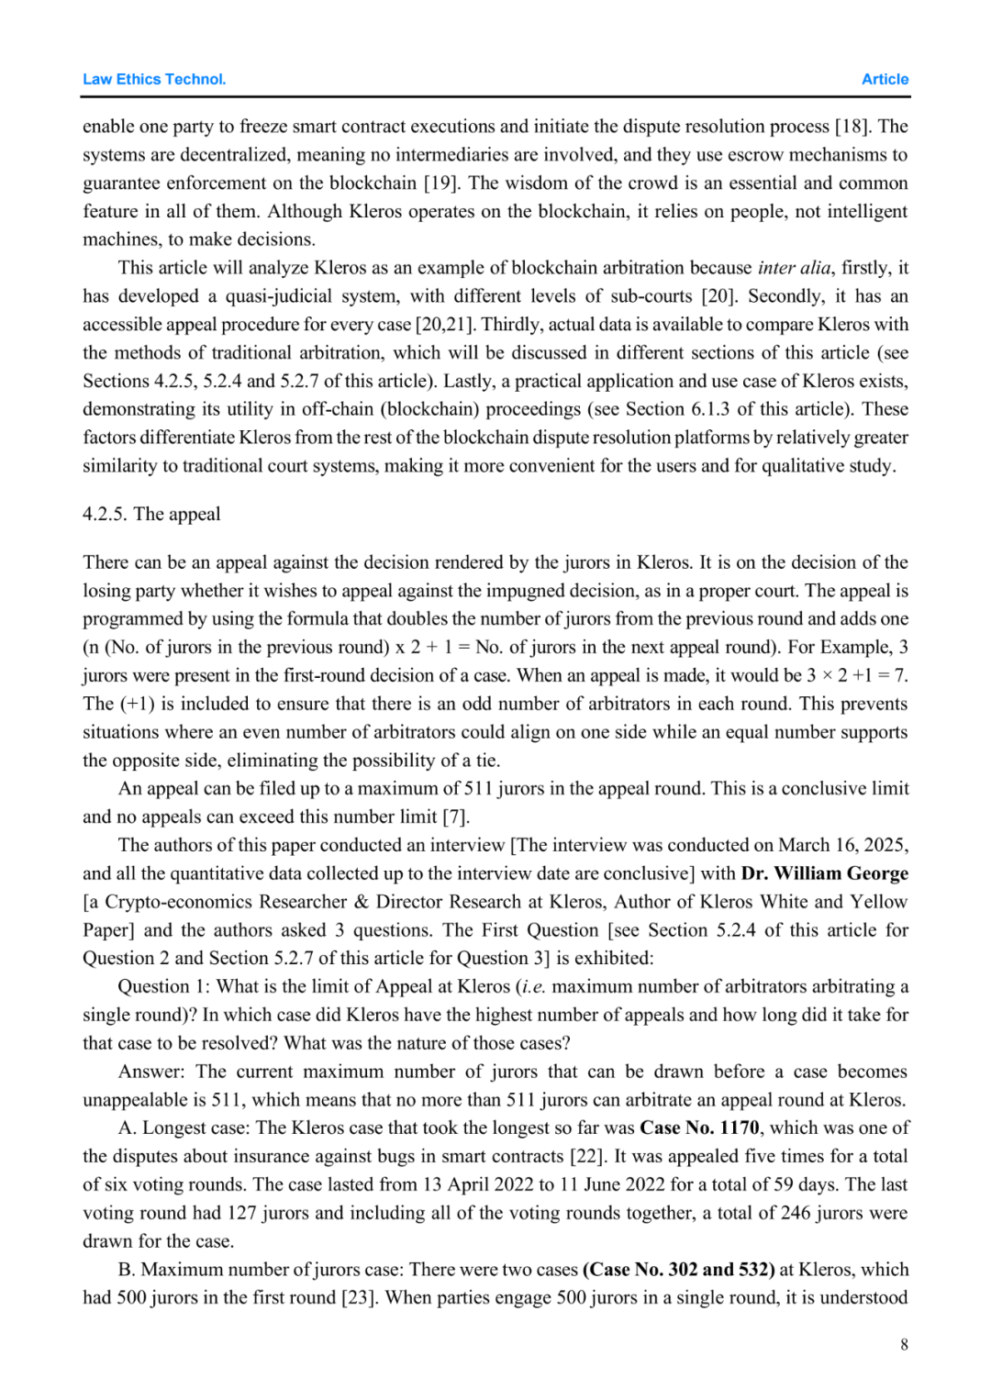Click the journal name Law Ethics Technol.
154,80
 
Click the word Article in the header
885,80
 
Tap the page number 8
904,1344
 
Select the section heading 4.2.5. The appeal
151,514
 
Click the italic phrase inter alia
794,268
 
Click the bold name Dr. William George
824,873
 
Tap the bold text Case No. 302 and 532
679,1270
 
